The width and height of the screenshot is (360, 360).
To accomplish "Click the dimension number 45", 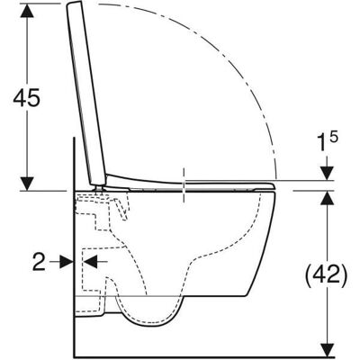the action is [26, 97].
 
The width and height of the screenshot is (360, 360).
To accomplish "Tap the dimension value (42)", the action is [327, 274].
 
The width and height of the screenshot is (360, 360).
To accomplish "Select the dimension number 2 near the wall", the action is [39, 262].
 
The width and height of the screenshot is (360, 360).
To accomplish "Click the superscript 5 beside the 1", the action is [335, 138].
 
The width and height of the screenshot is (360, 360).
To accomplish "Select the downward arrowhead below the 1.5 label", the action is [328, 173].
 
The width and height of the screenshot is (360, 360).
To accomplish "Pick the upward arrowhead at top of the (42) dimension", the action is [328, 198].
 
